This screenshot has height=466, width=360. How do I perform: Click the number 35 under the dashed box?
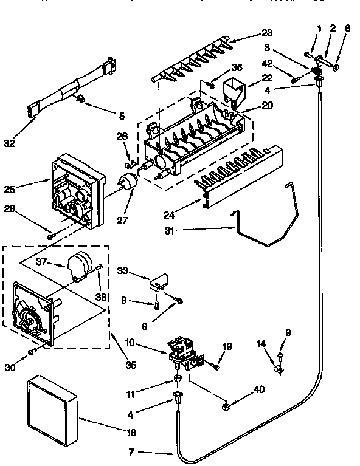point(130,366)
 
